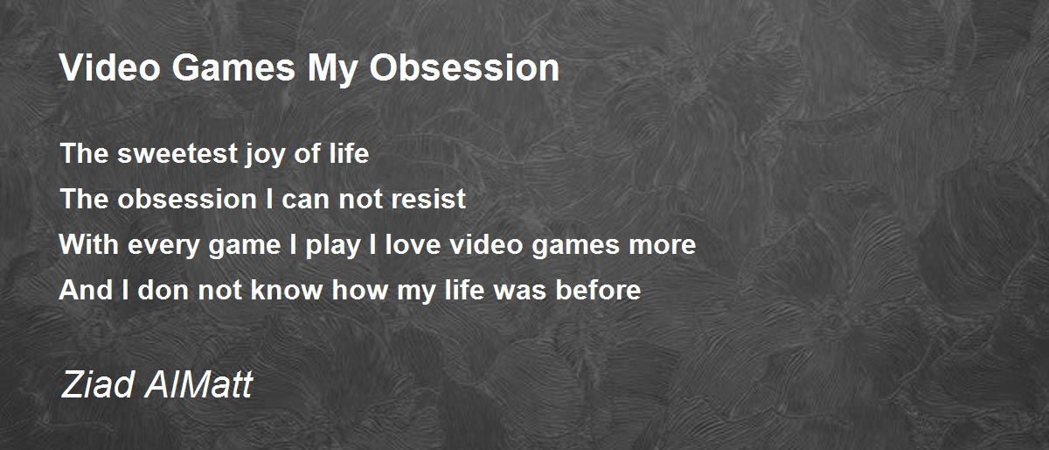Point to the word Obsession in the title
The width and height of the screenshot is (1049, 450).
[x=464, y=67]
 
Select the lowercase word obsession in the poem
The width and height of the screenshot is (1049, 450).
[x=187, y=199]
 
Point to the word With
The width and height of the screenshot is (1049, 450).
[x=88, y=244]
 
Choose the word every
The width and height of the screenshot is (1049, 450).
[x=163, y=247]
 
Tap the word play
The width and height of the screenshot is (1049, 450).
[x=333, y=247]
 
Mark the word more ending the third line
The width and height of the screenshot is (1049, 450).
[x=663, y=247]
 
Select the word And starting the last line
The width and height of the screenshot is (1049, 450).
[x=86, y=290]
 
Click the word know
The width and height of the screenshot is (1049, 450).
[x=287, y=290]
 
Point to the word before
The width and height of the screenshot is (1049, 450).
[x=598, y=290]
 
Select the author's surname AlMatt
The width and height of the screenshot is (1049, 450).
[x=199, y=384]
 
